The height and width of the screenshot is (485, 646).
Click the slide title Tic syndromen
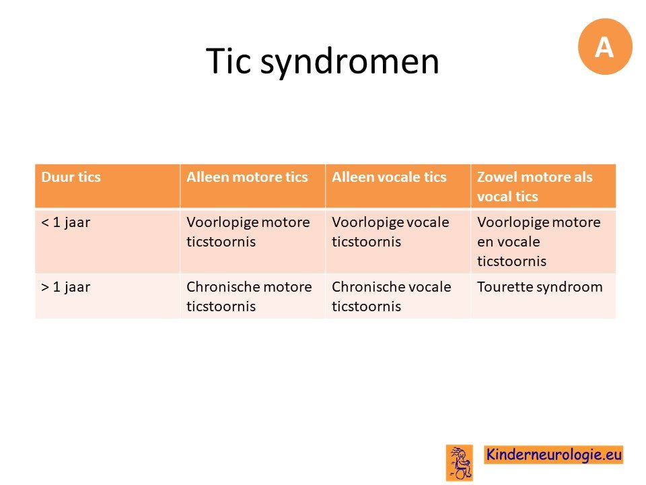coord(322,61)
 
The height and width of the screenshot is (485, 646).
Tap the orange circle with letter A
coord(605,46)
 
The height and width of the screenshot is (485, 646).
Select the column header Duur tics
coord(71,177)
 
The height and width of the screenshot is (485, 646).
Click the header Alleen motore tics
coord(247,177)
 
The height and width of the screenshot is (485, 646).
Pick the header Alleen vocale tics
coord(390,177)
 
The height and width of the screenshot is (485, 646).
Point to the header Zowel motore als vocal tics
coord(535,187)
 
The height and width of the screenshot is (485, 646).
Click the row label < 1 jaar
coord(65,223)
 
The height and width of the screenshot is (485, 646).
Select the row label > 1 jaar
coord(65,287)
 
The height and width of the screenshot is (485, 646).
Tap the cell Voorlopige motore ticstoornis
coord(248,232)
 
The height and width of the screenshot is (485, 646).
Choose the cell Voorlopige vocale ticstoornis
coord(390,232)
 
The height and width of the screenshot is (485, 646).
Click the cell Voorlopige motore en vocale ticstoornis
coord(539,241)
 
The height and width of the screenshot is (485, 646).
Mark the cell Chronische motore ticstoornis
coord(249,296)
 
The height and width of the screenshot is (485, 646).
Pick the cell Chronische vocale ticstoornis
coord(392,296)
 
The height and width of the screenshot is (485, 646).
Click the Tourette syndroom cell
coord(540,287)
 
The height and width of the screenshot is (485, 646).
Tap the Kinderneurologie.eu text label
coord(553,455)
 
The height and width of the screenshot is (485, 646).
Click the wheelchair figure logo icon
coord(460,463)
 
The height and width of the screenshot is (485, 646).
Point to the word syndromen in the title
coord(350,62)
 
